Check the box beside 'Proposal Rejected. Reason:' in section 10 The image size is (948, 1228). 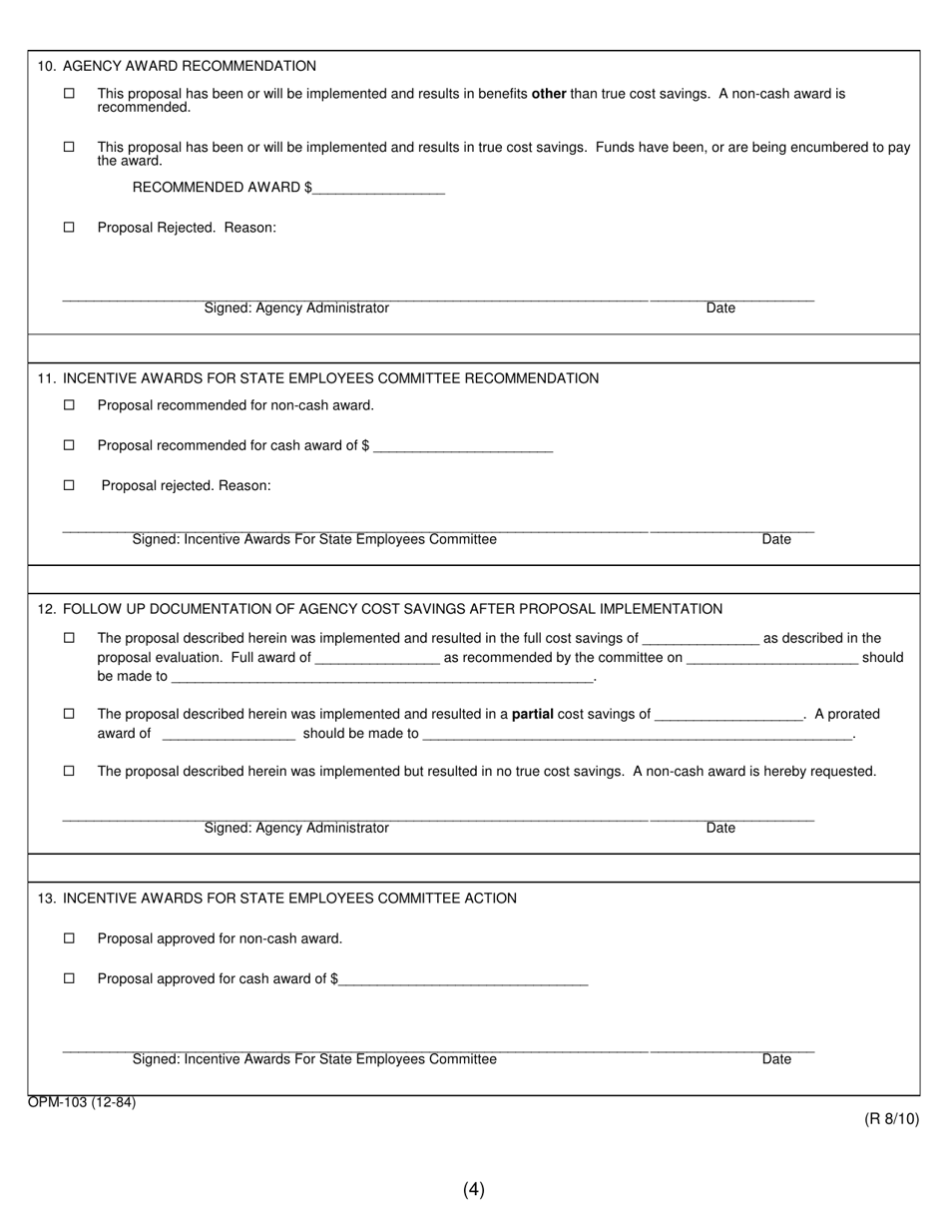[69, 228]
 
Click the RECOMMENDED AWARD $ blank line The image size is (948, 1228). [378, 189]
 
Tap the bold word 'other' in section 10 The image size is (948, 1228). [549, 94]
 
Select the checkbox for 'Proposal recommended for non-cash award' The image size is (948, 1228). [69, 405]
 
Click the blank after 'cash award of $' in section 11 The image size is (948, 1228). [462, 447]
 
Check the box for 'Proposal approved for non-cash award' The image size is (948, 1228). [69, 938]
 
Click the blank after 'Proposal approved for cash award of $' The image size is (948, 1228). [464, 980]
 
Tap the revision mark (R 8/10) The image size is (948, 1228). [891, 1119]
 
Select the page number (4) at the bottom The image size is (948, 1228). [474, 1189]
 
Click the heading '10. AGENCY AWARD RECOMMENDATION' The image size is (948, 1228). [177, 66]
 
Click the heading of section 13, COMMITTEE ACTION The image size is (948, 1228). [277, 899]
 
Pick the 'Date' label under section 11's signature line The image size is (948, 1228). [776, 539]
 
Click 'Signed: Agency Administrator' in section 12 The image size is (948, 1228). [296, 828]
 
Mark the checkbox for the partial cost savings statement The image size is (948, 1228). [69, 714]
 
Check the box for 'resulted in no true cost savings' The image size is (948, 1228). [69, 771]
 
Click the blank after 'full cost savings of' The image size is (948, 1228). [701, 640]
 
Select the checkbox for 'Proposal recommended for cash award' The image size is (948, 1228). [69, 445]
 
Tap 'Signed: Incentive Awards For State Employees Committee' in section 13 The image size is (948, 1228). [314, 1059]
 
